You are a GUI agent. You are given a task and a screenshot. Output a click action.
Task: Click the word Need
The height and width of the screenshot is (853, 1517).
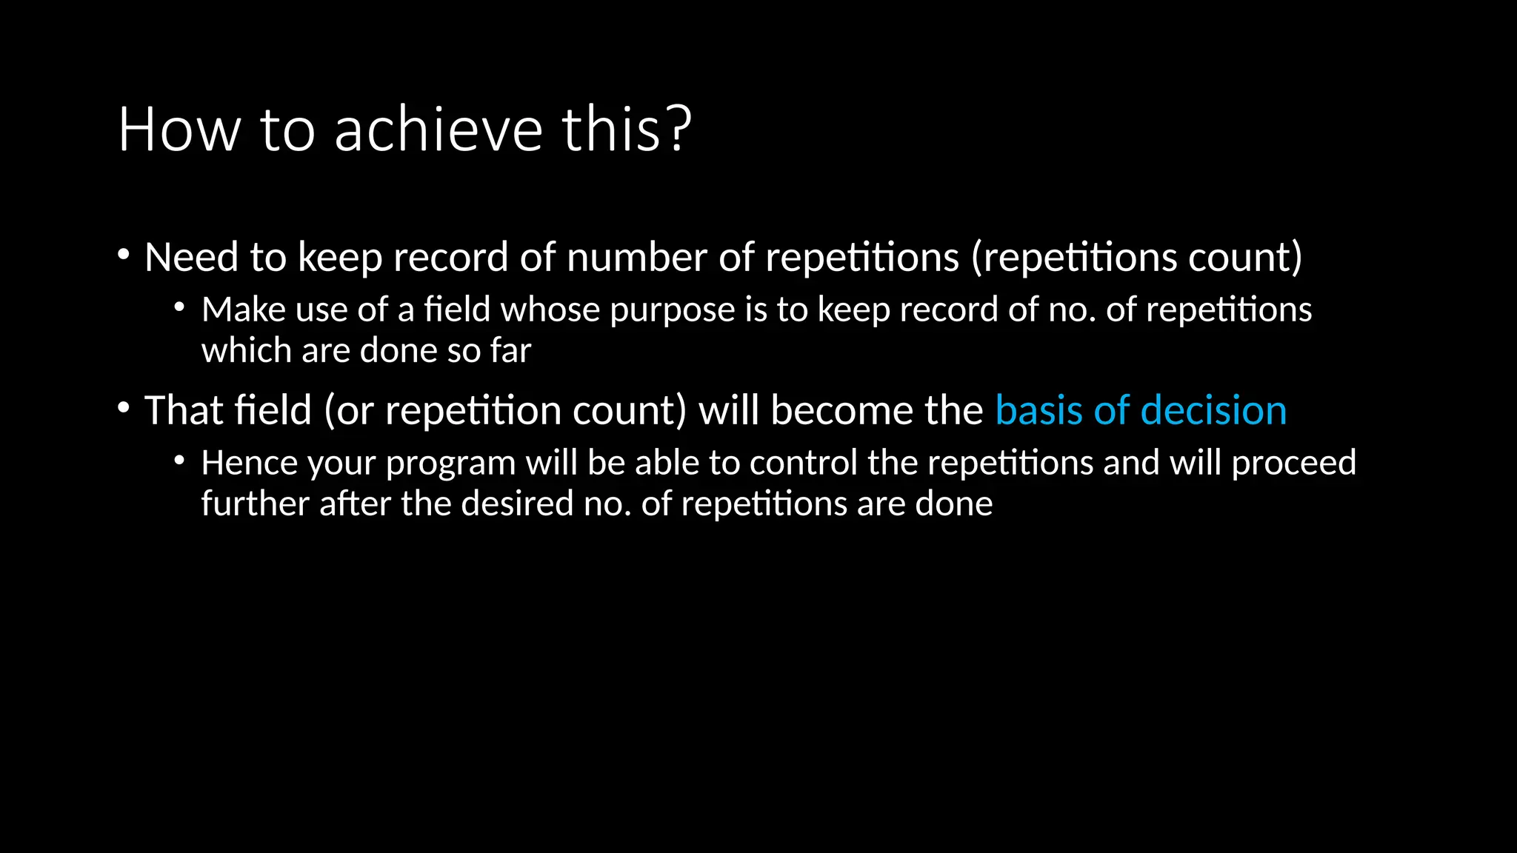pos(191,258)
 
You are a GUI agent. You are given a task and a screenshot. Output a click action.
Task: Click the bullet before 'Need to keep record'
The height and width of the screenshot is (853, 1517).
pos(124,255)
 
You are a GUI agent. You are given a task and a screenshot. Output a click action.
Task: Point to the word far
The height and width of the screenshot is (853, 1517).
pos(510,350)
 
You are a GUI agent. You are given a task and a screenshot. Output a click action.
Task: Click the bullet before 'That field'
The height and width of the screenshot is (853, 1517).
pos(124,408)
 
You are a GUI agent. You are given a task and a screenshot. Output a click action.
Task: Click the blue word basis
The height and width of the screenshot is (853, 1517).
pos(1038,410)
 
